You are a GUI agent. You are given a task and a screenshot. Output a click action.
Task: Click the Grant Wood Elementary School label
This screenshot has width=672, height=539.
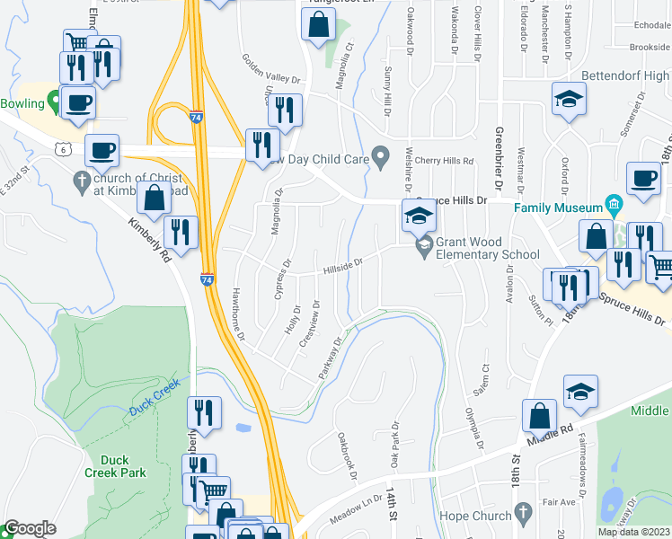point(488,248)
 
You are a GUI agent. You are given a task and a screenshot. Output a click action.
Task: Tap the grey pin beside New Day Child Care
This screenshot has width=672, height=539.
point(381,159)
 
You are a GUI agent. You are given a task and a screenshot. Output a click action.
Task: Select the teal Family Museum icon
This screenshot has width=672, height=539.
point(615,202)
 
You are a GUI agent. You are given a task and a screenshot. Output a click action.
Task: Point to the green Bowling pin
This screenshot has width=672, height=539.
point(55,103)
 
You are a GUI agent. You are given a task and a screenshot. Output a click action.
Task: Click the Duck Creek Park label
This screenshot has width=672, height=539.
point(115,465)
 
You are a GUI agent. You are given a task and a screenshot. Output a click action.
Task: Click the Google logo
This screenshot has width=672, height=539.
point(30,528)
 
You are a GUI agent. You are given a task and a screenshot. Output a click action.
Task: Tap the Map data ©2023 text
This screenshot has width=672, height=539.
point(633,532)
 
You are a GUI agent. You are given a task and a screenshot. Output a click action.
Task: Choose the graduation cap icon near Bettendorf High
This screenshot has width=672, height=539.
point(568,100)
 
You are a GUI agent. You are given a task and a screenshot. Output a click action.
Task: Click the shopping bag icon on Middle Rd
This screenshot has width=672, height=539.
point(539,417)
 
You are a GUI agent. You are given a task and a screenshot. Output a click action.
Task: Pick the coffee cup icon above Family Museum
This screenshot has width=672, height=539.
point(643,177)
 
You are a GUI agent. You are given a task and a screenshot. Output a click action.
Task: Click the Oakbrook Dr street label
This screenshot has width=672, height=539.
point(348,455)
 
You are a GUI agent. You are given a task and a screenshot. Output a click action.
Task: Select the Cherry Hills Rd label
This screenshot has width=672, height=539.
point(444,161)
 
